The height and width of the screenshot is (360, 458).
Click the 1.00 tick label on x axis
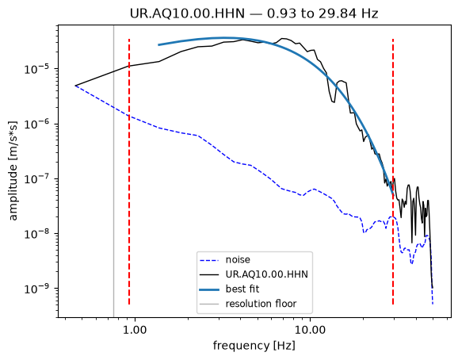135,330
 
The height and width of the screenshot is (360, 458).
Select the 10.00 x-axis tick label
310,330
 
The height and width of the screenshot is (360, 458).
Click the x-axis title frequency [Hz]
254,346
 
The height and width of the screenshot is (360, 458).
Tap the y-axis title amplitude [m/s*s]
13,171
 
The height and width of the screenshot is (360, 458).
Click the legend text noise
238,260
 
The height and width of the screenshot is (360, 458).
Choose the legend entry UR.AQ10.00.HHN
267,274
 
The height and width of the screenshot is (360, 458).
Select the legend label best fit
242,289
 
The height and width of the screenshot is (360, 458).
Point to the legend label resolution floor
261,304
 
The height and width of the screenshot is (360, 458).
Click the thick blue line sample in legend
209,289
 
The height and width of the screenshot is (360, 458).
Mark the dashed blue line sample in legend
209,260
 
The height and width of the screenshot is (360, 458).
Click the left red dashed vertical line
129,171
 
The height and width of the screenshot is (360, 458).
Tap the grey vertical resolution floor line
113,171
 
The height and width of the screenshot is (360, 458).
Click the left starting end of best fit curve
158,45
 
